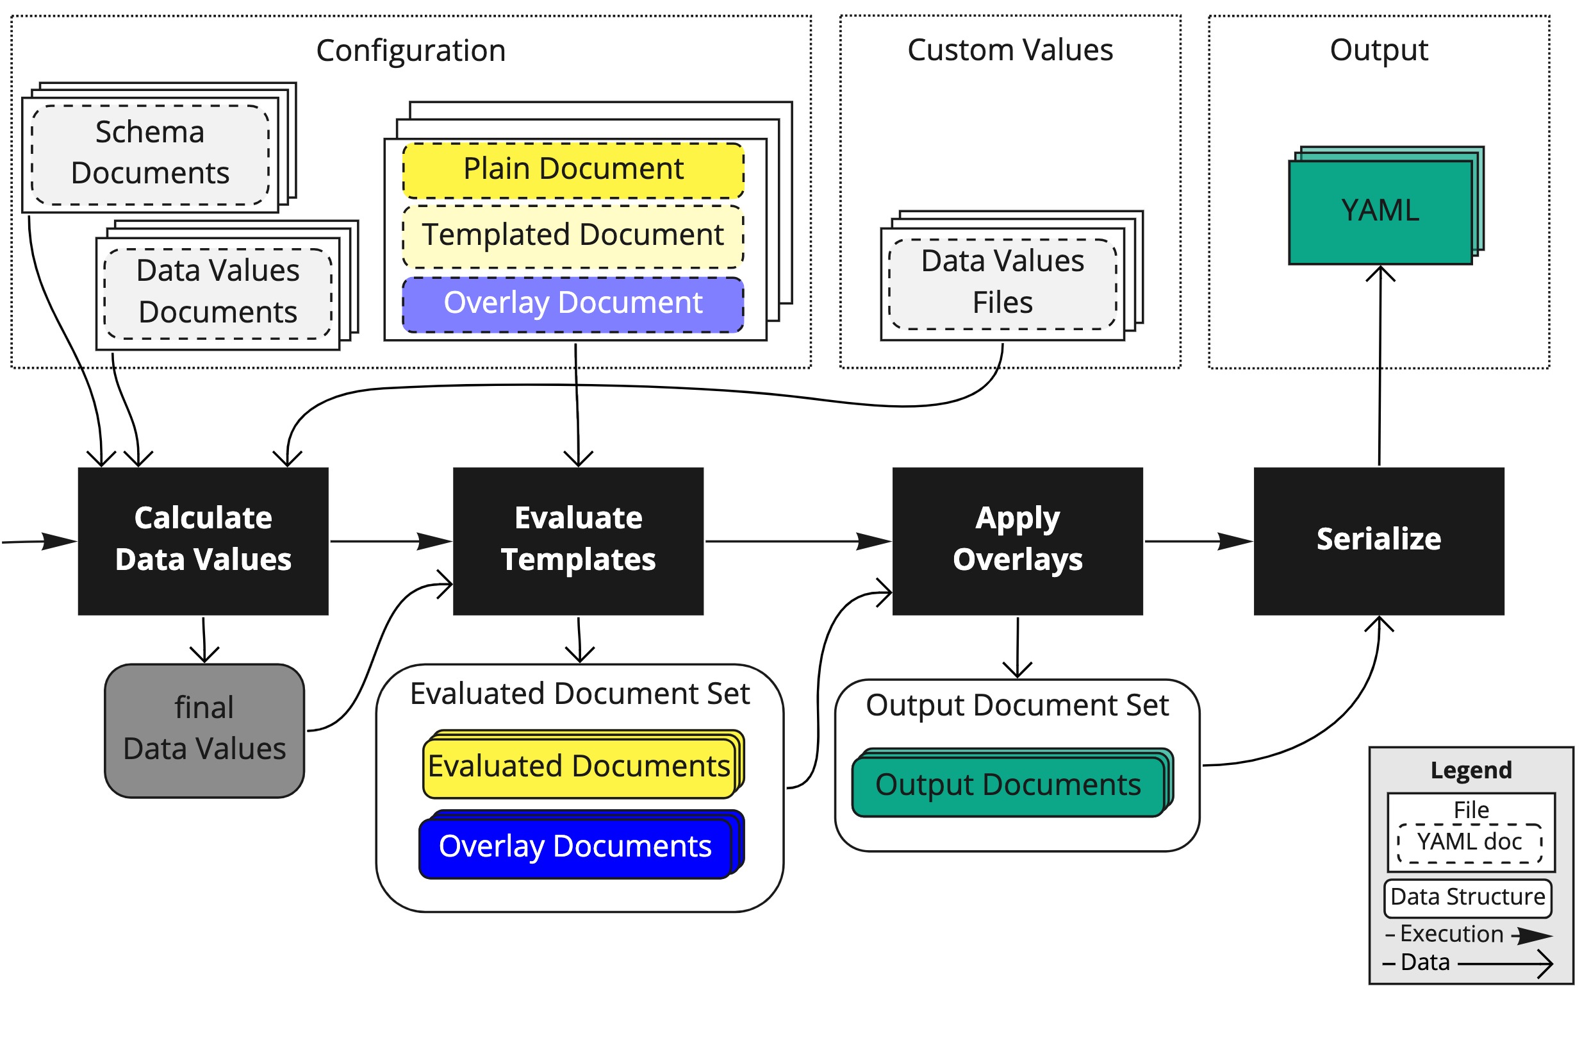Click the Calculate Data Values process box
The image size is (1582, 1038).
[x=202, y=540]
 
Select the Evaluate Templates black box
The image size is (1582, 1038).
[x=577, y=540]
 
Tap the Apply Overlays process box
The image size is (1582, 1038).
[x=1017, y=540]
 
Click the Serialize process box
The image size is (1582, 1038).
[x=1378, y=540]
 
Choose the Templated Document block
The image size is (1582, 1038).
[x=573, y=236]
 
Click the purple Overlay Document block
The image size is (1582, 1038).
[x=573, y=305]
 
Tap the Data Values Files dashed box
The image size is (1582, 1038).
[x=1001, y=283]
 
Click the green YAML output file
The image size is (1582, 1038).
[x=1380, y=212]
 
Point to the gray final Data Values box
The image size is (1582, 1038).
[x=204, y=730]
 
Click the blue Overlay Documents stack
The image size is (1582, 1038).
[x=575, y=846]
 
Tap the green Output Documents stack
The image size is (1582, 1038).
[x=1008, y=785]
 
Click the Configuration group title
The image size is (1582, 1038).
[x=410, y=51]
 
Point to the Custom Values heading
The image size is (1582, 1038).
[x=1009, y=50]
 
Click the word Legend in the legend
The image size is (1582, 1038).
[x=1471, y=770]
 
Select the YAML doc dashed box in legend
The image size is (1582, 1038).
[x=1469, y=842]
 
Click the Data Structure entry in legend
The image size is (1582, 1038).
[x=1467, y=898]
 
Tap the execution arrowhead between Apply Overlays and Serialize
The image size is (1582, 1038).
[x=1234, y=541]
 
